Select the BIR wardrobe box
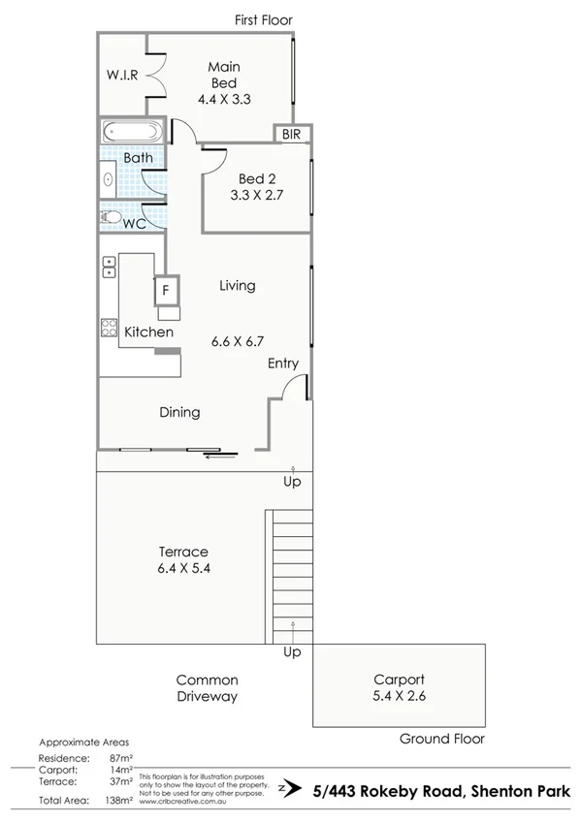click(x=291, y=135)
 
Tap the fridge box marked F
click(x=166, y=289)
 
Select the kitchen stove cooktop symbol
click(x=109, y=328)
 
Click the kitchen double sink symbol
click(x=109, y=267)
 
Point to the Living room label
click(x=237, y=285)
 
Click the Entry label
click(x=283, y=364)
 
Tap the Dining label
click(x=179, y=412)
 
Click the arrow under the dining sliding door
click(x=220, y=455)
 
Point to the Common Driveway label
click(x=207, y=688)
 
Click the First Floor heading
click(x=263, y=19)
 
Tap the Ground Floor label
click(x=441, y=739)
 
